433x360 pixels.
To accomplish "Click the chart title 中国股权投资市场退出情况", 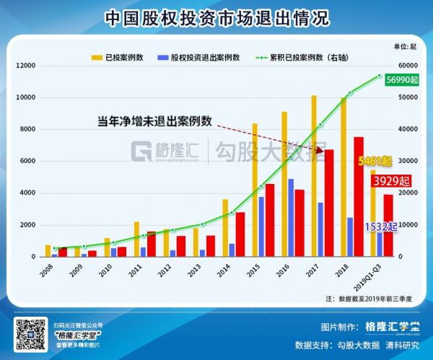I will (216, 17).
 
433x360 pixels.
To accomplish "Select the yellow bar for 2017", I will (313, 176).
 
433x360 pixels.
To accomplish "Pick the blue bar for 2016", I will (290, 217).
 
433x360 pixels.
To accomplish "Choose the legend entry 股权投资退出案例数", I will (198, 56).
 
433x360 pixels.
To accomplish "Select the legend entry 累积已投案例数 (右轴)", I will (300, 56).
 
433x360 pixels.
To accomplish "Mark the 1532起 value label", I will (380, 227).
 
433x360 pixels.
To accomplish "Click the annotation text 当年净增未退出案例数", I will (154, 120).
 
